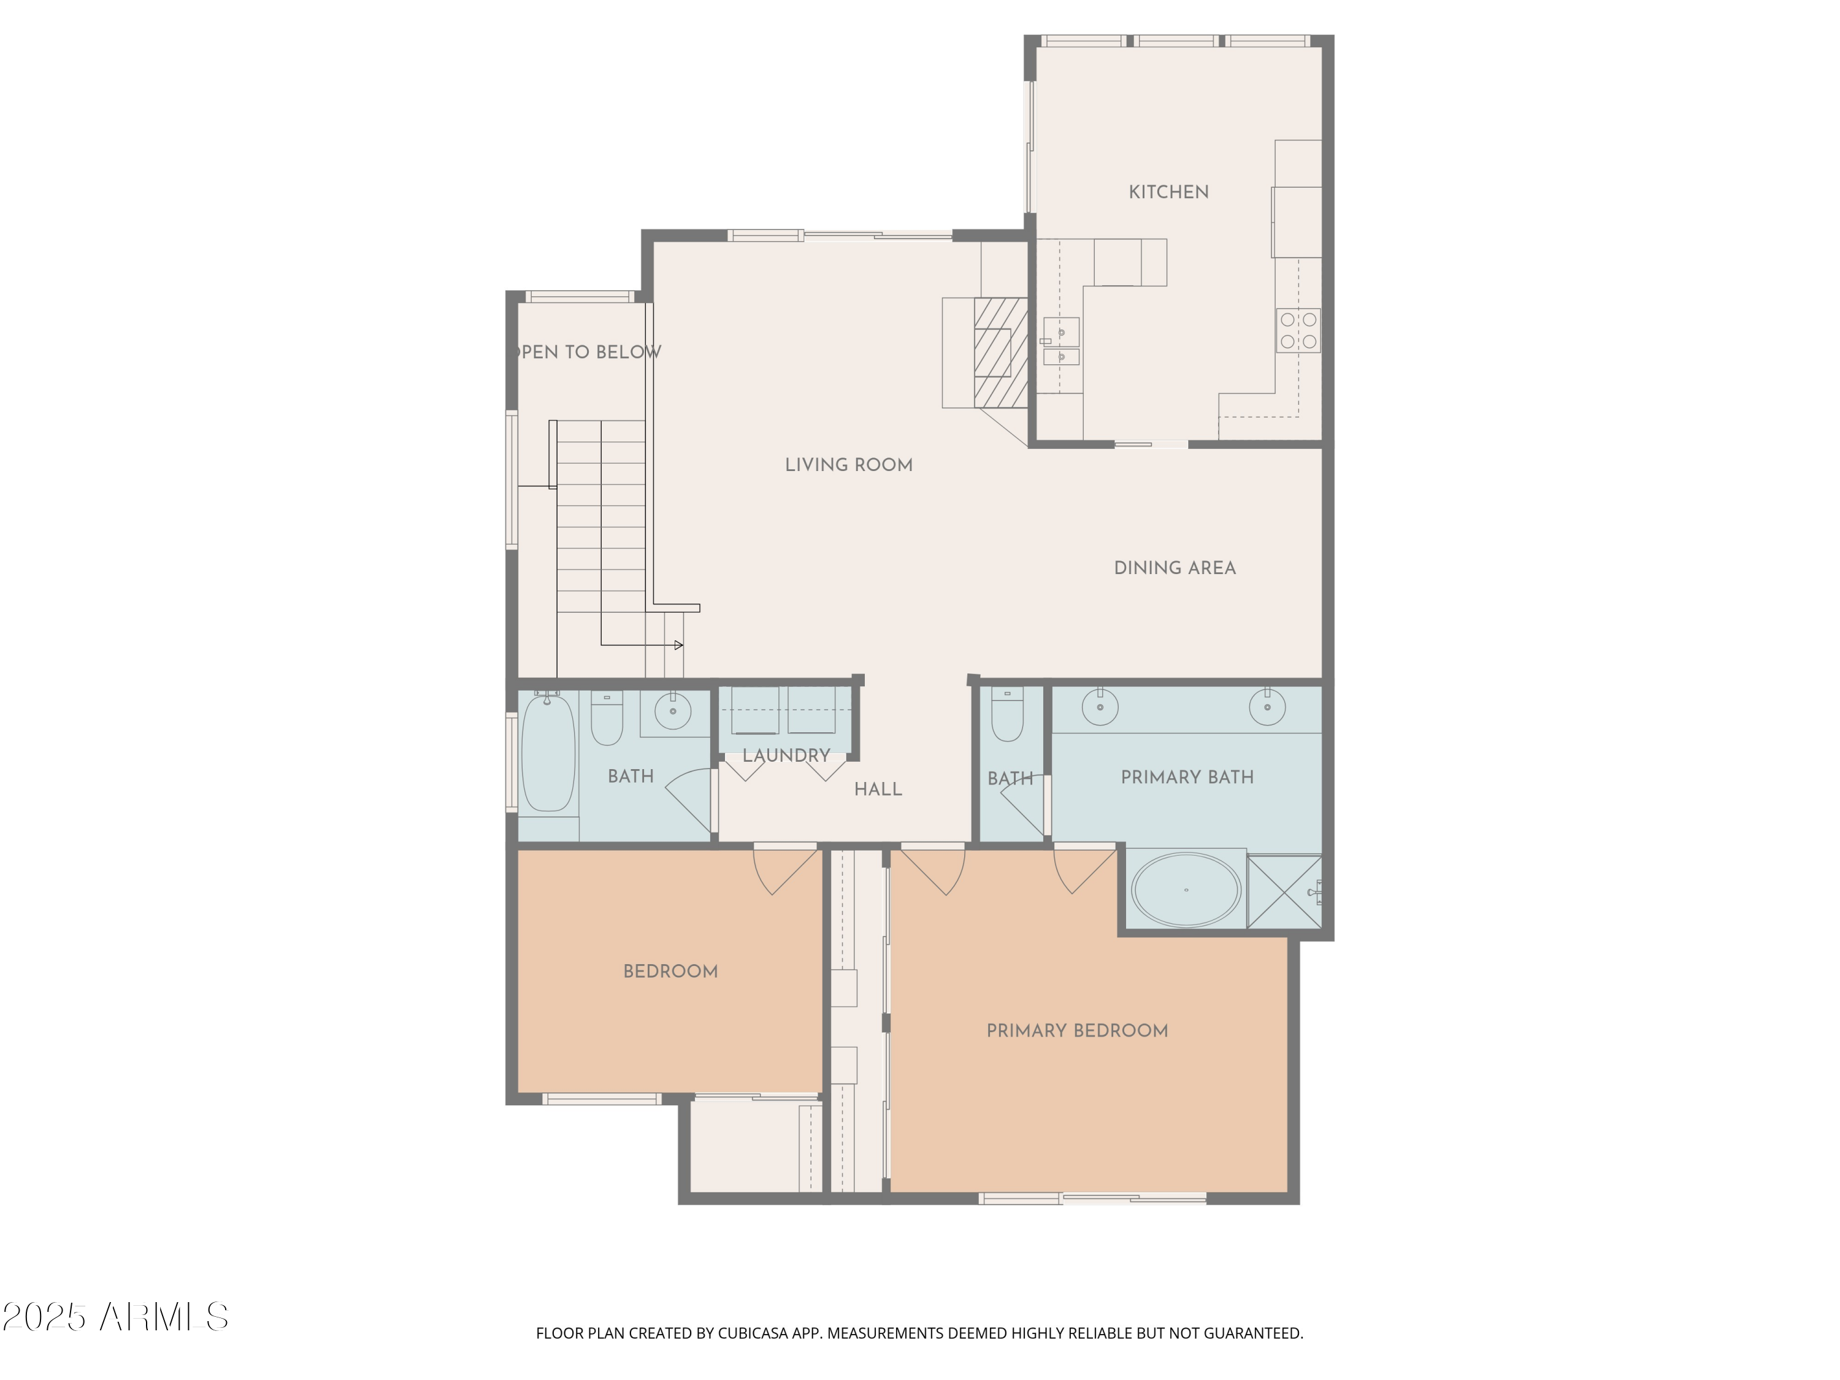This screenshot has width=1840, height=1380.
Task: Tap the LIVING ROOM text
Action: click(848, 465)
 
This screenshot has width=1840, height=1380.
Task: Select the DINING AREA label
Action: click(1175, 568)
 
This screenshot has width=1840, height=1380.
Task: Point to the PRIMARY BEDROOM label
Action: click(1077, 1030)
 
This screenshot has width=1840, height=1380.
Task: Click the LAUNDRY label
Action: click(786, 755)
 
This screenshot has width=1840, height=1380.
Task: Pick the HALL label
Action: click(878, 789)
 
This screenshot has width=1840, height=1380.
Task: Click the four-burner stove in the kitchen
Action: click(1298, 330)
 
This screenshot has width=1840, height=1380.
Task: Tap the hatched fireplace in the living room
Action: click(1001, 353)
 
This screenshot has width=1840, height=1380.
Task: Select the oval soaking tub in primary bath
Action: click(1186, 889)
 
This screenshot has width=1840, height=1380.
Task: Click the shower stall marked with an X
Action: click(1284, 892)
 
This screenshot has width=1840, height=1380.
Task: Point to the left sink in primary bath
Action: click(1100, 707)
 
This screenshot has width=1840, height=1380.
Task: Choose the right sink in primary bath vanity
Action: click(1267, 707)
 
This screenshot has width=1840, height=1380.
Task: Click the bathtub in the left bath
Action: click(547, 754)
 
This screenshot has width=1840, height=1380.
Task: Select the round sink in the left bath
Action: click(672, 710)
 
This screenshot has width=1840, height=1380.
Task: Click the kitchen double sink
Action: click(1062, 341)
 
